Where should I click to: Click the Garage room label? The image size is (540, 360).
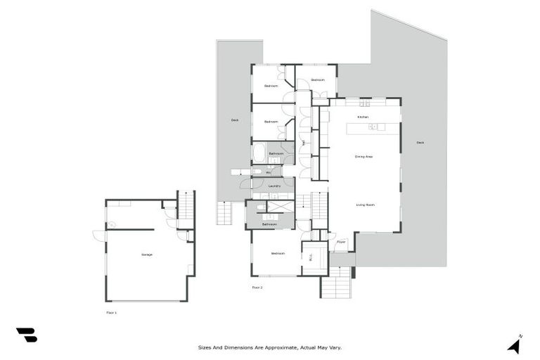point(146,255)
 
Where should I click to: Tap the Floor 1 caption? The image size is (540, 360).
point(111,312)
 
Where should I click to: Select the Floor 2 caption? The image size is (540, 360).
point(257,288)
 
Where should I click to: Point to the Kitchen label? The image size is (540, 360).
point(363,117)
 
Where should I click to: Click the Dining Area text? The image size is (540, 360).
point(364,156)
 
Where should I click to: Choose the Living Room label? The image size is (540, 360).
point(365,205)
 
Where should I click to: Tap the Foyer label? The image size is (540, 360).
point(341,242)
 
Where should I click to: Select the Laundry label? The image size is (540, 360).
point(274,186)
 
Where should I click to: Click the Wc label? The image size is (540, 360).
point(268,172)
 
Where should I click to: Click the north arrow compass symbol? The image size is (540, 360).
point(515,345)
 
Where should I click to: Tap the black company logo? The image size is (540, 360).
point(27,335)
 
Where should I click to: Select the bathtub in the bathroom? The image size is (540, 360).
point(259,153)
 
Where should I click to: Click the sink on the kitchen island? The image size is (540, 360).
point(373,127)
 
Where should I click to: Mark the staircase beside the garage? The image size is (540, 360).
point(186,205)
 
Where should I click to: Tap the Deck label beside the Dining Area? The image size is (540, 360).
point(420,143)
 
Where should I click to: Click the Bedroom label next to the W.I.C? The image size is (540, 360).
point(275,253)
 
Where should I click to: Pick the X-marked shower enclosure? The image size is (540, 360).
point(280,207)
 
